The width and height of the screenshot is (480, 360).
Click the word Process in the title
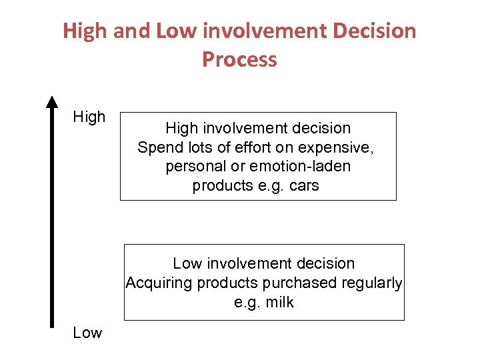pos(239,59)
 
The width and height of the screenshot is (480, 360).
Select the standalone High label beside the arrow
pos(89,117)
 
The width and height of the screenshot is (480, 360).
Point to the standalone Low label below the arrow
pos(87,333)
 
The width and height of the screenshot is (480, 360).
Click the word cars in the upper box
pos(304,185)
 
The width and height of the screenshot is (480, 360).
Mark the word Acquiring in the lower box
pos(158,283)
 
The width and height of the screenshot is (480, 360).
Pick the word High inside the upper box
pos(182,128)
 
